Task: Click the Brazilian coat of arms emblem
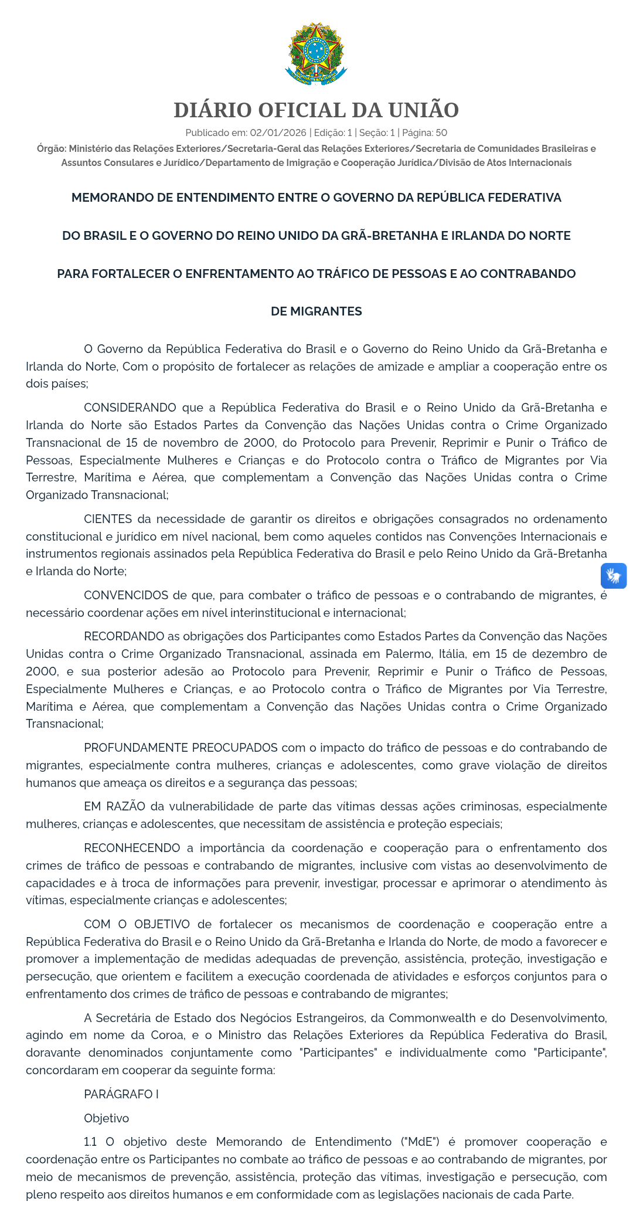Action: tap(316, 54)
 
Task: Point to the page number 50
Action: tap(441, 133)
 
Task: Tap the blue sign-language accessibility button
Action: tap(614, 576)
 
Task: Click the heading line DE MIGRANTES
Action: tap(316, 311)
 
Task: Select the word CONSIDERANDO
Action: tap(130, 408)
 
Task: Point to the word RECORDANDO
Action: tap(124, 636)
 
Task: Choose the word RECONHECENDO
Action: tap(132, 848)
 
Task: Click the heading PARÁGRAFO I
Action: tap(121, 1094)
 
